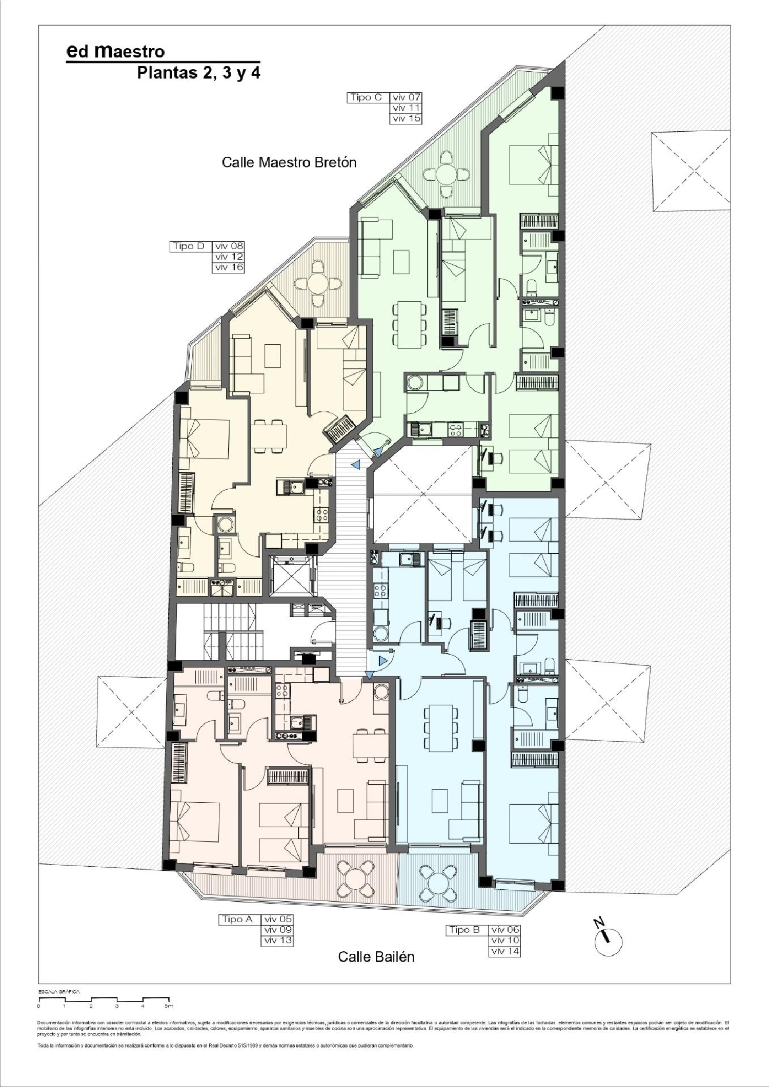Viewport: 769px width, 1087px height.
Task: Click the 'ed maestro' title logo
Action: [116, 51]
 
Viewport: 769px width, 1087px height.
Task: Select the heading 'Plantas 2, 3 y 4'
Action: [198, 73]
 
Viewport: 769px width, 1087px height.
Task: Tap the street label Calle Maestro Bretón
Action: [289, 162]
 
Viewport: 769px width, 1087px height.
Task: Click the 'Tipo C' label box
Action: [367, 97]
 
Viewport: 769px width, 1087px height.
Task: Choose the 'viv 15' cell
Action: [406, 119]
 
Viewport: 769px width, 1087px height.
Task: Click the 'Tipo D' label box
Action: [189, 246]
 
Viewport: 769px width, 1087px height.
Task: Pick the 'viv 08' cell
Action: [229, 246]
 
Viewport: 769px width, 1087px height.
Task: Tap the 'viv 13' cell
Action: [277, 940]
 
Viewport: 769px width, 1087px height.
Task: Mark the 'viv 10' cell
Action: [505, 940]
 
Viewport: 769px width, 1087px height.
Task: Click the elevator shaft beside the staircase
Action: [290, 576]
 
